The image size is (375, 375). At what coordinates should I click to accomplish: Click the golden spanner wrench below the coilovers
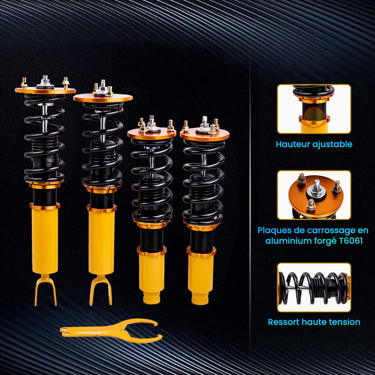(x=112, y=330)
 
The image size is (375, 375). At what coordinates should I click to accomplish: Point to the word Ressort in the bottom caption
(x=285, y=322)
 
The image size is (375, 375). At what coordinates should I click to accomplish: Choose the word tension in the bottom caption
(x=344, y=322)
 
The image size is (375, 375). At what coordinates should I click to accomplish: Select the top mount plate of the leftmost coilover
(x=45, y=90)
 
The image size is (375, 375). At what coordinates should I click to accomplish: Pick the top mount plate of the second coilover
(x=102, y=98)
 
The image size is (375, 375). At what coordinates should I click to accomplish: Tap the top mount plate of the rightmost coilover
(x=205, y=133)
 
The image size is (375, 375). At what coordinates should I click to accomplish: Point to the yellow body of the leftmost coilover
(x=45, y=240)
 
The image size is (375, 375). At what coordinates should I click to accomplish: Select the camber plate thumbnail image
(x=314, y=195)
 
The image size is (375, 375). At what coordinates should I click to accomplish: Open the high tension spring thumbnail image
(x=314, y=287)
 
